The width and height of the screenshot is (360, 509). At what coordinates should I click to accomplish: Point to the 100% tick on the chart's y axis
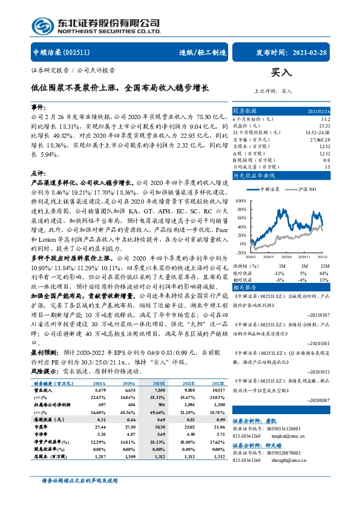241,199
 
